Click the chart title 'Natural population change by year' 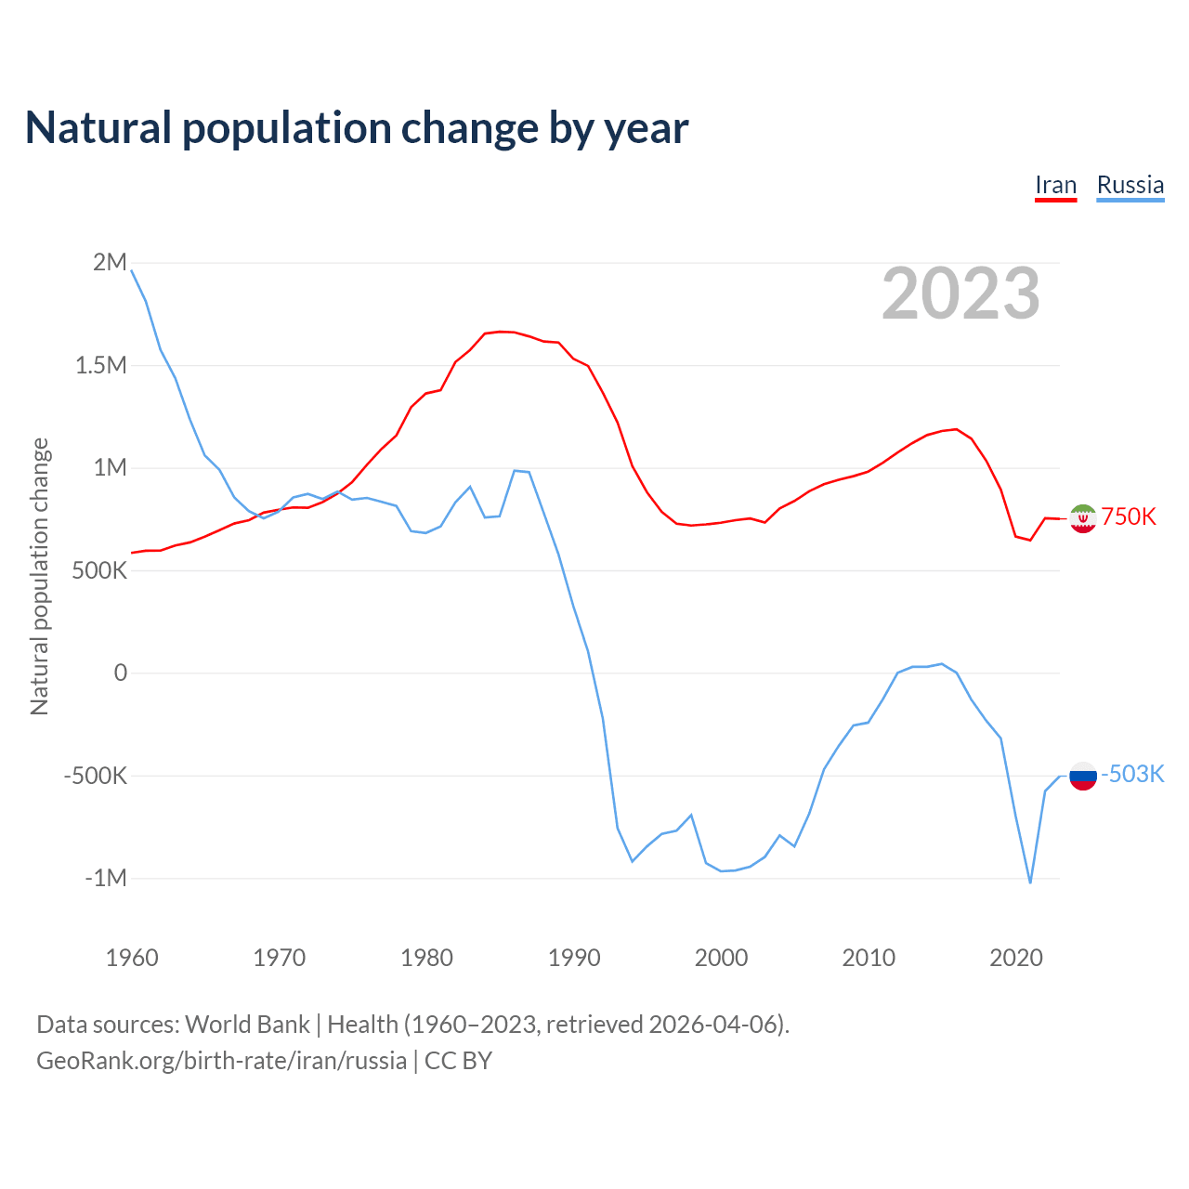(356, 128)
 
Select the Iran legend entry (1055, 185)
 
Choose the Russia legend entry (1130, 185)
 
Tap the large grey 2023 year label (960, 294)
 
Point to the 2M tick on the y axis (111, 262)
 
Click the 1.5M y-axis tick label (101, 365)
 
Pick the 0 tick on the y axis (120, 673)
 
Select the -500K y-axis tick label (96, 776)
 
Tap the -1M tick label (106, 878)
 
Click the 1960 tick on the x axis (132, 958)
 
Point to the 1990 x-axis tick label (574, 958)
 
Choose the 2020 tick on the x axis (1016, 958)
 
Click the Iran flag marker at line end (1083, 518)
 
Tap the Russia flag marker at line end (1083, 775)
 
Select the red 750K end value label (1129, 517)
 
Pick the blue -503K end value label (1132, 774)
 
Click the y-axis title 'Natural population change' (39, 576)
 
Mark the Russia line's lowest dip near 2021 (1030, 882)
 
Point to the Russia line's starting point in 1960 (132, 270)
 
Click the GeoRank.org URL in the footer (221, 1061)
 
